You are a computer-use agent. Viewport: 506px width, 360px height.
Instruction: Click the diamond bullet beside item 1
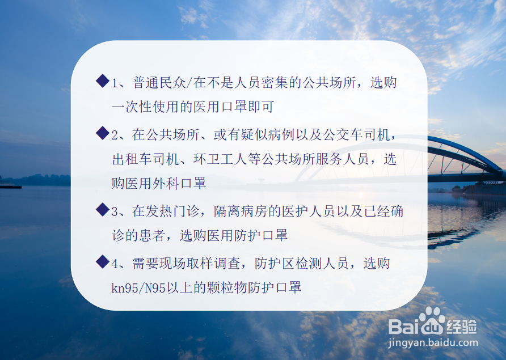[103, 81]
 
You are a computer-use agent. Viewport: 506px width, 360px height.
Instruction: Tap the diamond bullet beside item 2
[103, 133]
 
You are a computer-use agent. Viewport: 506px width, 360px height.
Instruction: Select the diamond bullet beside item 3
[103, 210]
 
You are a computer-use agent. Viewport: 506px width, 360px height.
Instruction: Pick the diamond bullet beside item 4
[103, 261]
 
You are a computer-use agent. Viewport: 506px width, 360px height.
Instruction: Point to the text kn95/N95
[138, 288]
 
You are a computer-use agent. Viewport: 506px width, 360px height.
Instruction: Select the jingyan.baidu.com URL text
[432, 342]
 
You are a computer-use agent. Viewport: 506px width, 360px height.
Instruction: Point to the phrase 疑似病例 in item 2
[268, 135]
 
